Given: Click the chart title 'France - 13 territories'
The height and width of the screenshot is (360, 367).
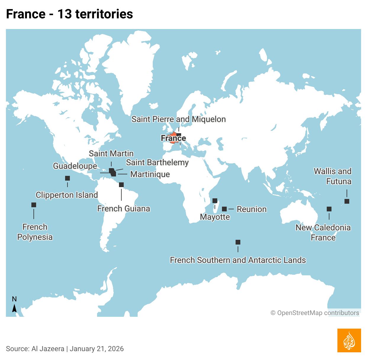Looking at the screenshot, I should pyautogui.click(x=69, y=14).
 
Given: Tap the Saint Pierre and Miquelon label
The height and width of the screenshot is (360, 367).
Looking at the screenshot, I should pyautogui.click(x=178, y=119).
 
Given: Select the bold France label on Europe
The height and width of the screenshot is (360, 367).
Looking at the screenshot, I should pyautogui.click(x=173, y=138).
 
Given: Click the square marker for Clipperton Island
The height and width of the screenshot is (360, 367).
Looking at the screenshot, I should pyautogui.click(x=67, y=178).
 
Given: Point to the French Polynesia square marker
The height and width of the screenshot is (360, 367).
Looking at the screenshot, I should pyautogui.click(x=34, y=205).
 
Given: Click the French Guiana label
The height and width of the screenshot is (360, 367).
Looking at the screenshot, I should pyautogui.click(x=123, y=208).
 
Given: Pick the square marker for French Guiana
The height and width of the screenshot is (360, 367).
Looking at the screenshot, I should pyautogui.click(x=121, y=185).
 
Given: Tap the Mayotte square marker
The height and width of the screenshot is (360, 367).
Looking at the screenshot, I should pyautogui.click(x=215, y=201).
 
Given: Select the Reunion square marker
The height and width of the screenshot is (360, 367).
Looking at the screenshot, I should pyautogui.click(x=224, y=209).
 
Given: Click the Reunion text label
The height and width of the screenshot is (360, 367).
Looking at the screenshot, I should pyautogui.click(x=252, y=209).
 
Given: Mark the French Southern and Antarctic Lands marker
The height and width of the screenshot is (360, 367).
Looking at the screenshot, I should pyautogui.click(x=238, y=242).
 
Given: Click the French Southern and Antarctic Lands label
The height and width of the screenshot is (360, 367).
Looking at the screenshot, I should pyautogui.click(x=238, y=260).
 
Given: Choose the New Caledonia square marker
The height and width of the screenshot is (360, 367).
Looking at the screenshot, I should pyautogui.click(x=329, y=209).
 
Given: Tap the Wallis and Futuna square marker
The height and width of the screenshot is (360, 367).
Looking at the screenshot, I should pyautogui.click(x=347, y=201).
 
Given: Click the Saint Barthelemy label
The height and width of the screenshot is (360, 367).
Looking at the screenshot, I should pyautogui.click(x=157, y=162).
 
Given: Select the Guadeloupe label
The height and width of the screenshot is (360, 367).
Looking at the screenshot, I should pyautogui.click(x=75, y=166).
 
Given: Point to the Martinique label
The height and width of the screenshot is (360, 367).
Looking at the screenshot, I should pyautogui.click(x=150, y=174).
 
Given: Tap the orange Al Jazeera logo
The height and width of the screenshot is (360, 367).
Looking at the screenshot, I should pyautogui.click(x=349, y=340).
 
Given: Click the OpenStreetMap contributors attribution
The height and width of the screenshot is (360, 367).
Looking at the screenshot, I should pyautogui.click(x=315, y=313).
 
